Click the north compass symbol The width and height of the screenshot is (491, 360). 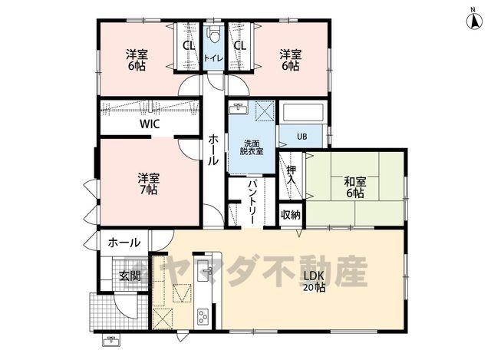474,21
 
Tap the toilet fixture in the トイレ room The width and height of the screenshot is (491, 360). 214,33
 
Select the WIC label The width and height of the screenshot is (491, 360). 150,124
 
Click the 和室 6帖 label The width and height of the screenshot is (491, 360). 354,187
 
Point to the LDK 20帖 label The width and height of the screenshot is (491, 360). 314,281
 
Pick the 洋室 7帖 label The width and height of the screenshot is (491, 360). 148,184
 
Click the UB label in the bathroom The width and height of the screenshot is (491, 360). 302,137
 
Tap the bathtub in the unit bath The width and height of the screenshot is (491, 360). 302,113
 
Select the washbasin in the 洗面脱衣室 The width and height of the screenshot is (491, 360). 239,109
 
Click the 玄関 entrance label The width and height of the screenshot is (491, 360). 130,276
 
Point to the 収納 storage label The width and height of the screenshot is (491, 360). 291,215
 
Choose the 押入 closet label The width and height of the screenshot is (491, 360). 292,175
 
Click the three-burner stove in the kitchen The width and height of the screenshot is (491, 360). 203,317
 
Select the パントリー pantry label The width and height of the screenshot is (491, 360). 252,202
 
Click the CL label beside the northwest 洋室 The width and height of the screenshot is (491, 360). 189,46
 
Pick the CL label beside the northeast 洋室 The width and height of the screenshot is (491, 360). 240,46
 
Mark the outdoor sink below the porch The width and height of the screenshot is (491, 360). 111,341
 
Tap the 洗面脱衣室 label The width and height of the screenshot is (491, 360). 252,147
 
